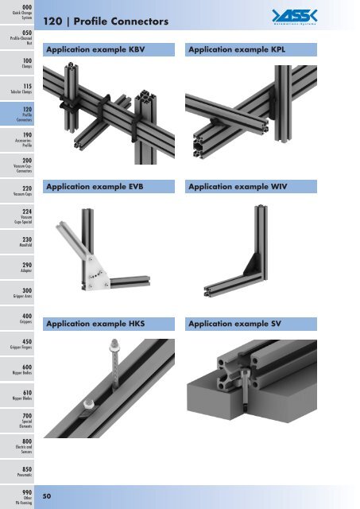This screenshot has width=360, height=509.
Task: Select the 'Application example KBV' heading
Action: (x=95, y=50)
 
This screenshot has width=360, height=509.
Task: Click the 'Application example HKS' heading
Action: (x=95, y=324)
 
